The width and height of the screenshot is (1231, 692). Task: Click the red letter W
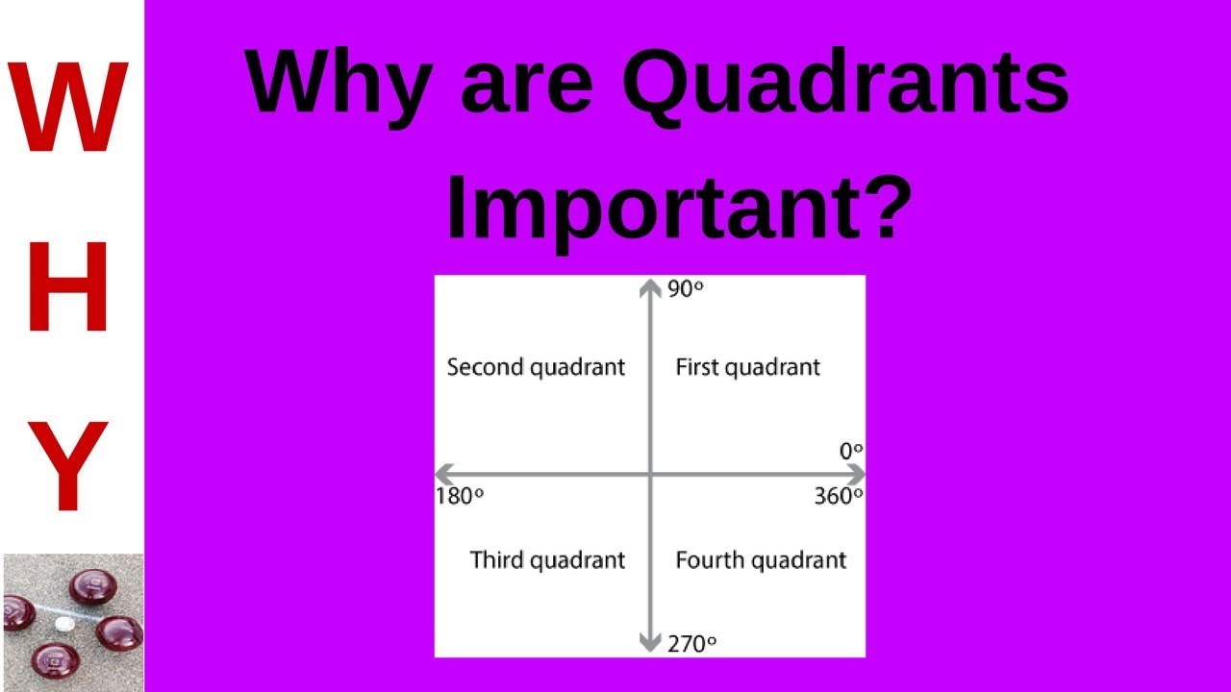[70, 108]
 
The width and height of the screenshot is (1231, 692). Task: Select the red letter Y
[67, 467]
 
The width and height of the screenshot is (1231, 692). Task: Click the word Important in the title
[650, 204]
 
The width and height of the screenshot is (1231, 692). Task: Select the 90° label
[685, 288]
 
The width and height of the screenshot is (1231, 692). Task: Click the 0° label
[850, 450]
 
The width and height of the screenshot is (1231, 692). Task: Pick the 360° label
[838, 496]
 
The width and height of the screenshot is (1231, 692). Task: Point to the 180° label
[460, 496]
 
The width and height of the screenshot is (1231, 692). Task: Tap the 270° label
[691, 644]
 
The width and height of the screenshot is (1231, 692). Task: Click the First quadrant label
[747, 367]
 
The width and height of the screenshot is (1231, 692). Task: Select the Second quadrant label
[536, 367]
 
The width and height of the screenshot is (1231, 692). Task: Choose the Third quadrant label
[547, 560]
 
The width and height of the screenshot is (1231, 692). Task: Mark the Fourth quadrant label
[761, 560]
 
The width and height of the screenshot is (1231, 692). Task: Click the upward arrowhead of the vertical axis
[651, 286]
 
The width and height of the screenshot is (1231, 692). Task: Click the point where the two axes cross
[651, 474]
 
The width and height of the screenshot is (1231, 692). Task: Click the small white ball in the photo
[64, 624]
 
